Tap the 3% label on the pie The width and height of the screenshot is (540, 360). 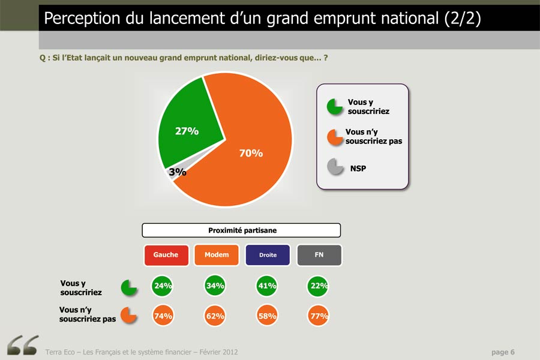[178, 172]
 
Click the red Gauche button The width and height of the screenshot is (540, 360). [166, 255]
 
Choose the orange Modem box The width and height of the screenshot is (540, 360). [217, 255]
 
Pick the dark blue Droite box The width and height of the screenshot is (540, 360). [268, 255]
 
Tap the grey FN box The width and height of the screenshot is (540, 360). [319, 255]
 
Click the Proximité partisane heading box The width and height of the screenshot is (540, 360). [241, 230]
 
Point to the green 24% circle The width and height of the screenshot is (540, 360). [162, 286]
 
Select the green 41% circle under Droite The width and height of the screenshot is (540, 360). [266, 286]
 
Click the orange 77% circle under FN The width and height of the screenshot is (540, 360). [318, 316]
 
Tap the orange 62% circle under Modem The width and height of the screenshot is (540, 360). [215, 316]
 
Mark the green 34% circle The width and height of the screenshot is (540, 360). [215, 286]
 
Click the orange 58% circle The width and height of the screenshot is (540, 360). [267, 316]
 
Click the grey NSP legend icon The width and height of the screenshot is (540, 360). [335, 167]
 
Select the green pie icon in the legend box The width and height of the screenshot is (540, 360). [334, 107]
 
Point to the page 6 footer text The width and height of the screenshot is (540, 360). [503, 352]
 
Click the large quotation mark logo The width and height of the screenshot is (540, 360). [23, 345]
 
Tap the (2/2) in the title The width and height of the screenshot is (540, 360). [462, 18]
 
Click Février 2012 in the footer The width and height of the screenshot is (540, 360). [218, 352]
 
